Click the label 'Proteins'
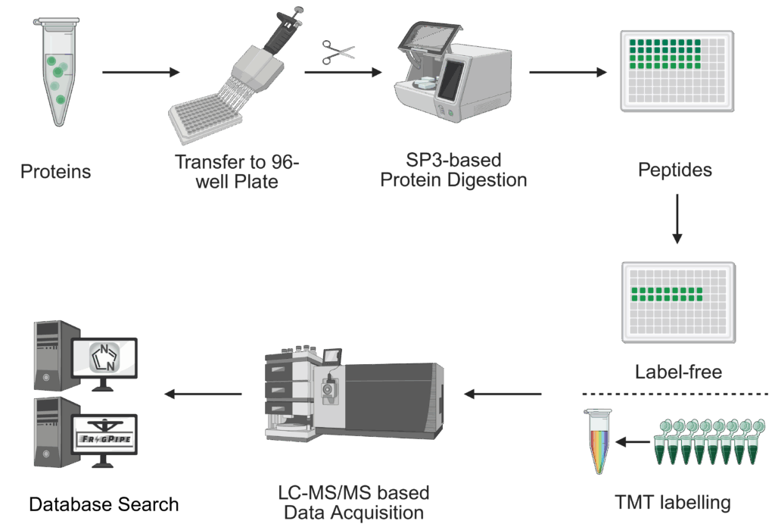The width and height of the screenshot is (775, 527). [x=55, y=172]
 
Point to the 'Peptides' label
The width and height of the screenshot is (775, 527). [x=675, y=170]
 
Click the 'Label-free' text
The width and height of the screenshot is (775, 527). [x=677, y=371]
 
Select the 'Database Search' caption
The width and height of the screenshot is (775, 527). [x=104, y=504]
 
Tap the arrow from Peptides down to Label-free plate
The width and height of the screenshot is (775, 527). [x=677, y=219]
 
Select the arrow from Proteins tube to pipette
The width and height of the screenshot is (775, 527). [x=141, y=73]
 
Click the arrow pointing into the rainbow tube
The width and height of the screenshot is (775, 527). [x=633, y=441]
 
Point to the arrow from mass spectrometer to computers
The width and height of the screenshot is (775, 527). [x=204, y=394]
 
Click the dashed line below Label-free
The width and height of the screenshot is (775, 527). [x=677, y=394]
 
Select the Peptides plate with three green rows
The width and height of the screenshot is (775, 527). [x=677, y=70]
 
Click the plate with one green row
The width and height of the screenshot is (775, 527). [x=677, y=301]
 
